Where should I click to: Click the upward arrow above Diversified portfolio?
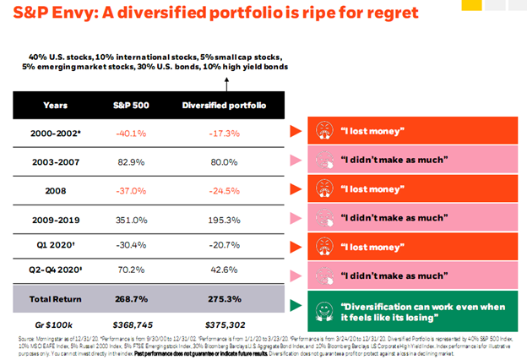pyautogui.click(x=225, y=83)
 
